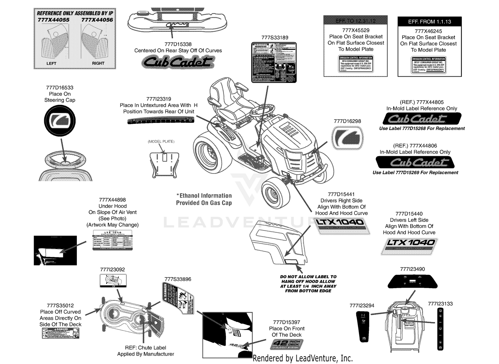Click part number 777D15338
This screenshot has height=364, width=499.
(178, 44)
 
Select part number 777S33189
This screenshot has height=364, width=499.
(274, 38)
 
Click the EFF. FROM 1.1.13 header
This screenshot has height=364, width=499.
(429, 22)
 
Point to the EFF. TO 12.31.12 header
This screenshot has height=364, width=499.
(356, 21)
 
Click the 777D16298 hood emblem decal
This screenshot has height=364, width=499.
(347, 138)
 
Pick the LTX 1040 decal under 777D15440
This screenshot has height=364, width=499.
(409, 246)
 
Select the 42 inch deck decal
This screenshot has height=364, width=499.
(287, 344)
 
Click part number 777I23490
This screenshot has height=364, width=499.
(412, 269)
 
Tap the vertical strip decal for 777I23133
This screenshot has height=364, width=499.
(440, 329)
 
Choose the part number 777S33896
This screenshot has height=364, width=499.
(178, 279)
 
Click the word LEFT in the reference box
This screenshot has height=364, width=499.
(51, 63)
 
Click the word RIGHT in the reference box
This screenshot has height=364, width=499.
(98, 63)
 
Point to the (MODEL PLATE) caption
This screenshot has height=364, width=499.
(161, 142)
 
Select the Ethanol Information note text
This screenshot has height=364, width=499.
(204, 199)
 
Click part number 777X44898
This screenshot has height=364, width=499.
(112, 200)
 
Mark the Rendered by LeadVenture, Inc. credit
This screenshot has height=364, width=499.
(302, 358)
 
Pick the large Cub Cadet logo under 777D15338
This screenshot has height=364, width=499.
(178, 62)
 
